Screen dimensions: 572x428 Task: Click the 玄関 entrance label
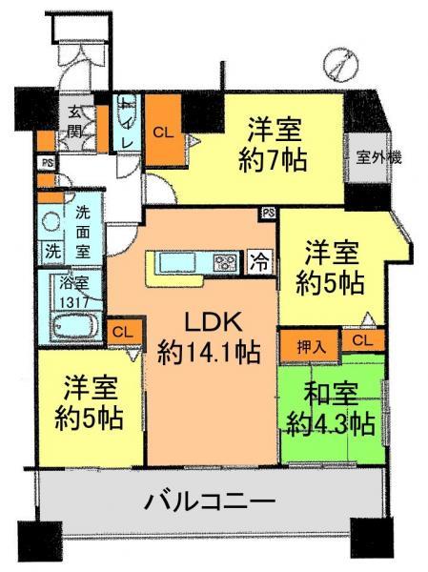click(x=73, y=121)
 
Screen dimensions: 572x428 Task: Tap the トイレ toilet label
click(x=126, y=124)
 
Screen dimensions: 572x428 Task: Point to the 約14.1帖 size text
click(x=209, y=354)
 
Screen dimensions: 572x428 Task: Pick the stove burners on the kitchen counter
click(x=227, y=260)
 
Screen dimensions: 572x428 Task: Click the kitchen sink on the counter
click(x=177, y=261)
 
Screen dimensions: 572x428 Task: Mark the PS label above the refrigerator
click(x=268, y=213)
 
